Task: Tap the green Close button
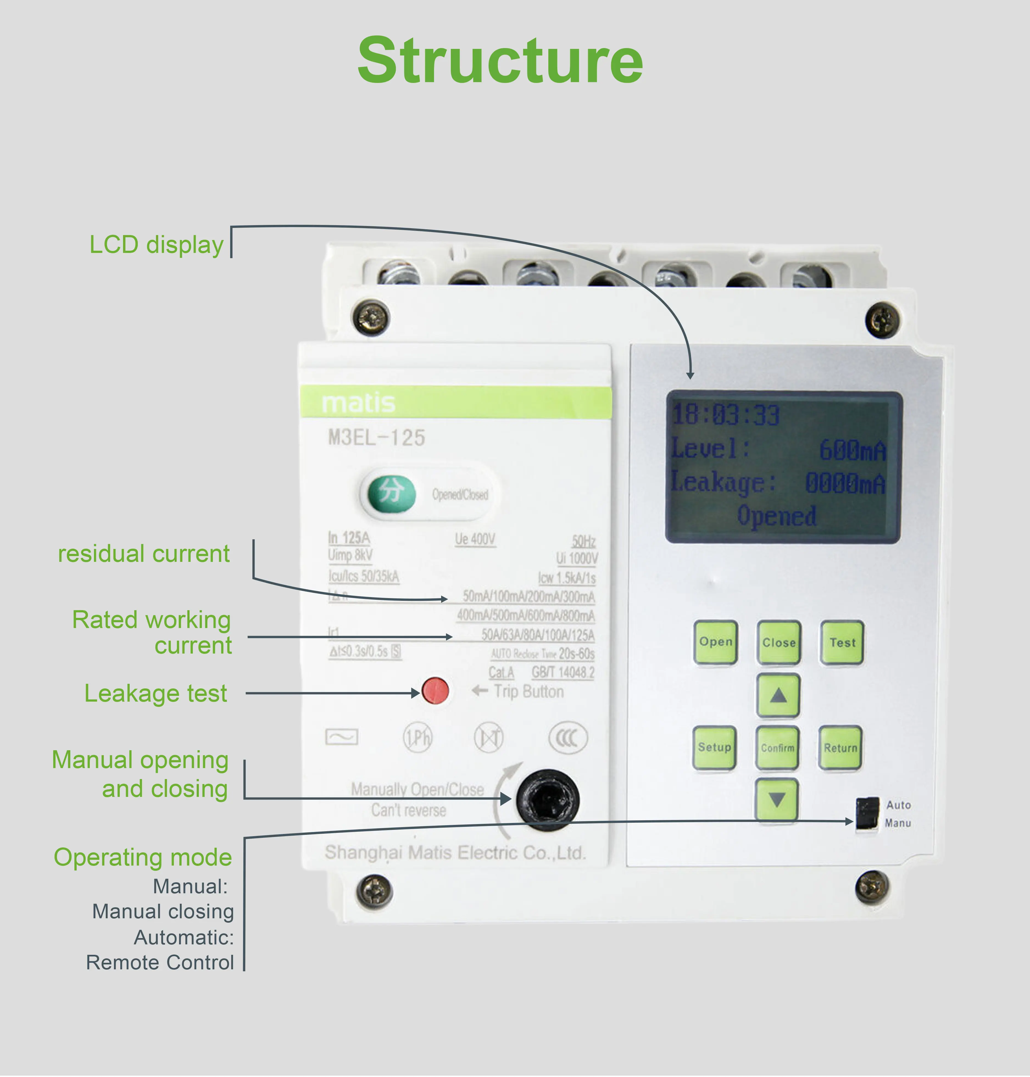(778, 642)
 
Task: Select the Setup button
(714, 748)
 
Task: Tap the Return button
(840, 748)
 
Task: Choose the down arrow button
(777, 799)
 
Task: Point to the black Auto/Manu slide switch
(867, 813)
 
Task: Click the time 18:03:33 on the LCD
(726, 415)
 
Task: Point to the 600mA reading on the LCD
(852, 451)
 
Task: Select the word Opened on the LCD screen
(776, 516)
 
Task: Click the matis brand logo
(358, 403)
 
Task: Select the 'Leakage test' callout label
(155, 693)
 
